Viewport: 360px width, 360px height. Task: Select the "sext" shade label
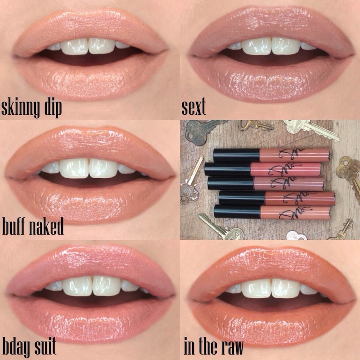tap(194, 108)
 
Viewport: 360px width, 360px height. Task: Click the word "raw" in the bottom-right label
tap(231, 347)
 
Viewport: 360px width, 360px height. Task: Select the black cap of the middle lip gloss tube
tap(230, 183)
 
